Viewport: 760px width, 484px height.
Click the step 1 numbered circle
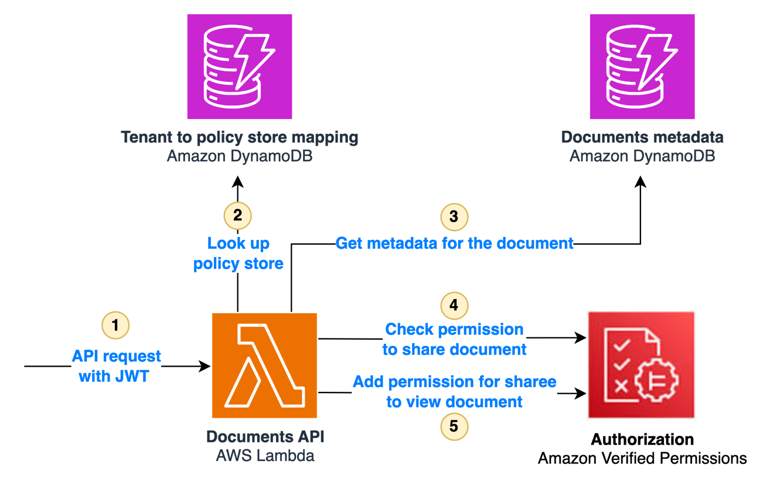pos(115,325)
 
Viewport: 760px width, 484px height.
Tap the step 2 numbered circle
pos(237,215)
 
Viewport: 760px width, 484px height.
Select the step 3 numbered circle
pos(454,216)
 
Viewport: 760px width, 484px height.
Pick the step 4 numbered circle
pos(454,305)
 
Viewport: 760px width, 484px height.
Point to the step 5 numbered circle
pos(454,426)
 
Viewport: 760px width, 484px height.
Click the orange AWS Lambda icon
pos(264,365)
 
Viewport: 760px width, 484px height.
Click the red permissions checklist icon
pos(642,365)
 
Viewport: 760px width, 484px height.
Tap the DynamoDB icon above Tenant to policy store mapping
pos(239,67)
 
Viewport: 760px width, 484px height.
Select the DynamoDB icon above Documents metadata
pos(642,67)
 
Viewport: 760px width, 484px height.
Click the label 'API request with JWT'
pos(116,366)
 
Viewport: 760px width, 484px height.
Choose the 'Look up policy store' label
pos(238,253)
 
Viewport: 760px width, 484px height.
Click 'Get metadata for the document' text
pos(454,243)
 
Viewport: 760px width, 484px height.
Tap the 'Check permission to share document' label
pos(454,339)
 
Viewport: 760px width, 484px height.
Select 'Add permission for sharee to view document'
pos(454,391)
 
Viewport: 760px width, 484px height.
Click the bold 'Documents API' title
pos(265,437)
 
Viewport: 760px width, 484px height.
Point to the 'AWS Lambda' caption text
pos(265,456)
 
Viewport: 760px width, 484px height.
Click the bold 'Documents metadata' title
pos(642,137)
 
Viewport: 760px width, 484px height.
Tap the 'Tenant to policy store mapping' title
pos(239,137)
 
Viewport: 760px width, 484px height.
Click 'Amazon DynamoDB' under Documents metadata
pos(642,157)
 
